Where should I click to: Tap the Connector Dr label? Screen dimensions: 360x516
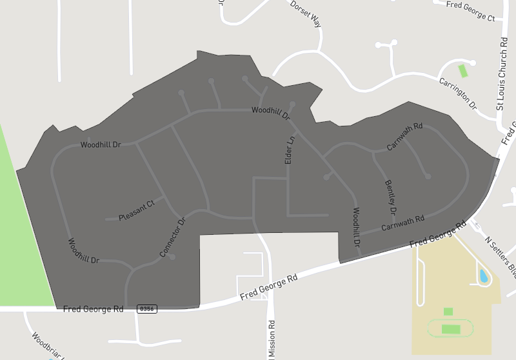pyautogui.click(x=172, y=237)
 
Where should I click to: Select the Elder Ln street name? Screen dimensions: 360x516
pyautogui.click(x=290, y=149)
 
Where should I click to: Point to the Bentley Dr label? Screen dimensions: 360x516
pyautogui.click(x=390, y=197)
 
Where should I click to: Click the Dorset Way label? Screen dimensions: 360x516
pyautogui.click(x=305, y=13)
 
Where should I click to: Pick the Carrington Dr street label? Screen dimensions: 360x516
pyautogui.click(x=457, y=93)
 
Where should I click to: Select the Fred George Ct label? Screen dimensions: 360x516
pyautogui.click(x=470, y=10)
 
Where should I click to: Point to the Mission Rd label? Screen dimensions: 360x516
pyautogui.click(x=272, y=339)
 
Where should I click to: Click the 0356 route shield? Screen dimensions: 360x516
pyautogui.click(x=146, y=310)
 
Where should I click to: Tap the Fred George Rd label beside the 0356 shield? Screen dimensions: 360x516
pyautogui.click(x=93, y=310)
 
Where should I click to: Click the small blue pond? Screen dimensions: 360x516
pyautogui.click(x=483, y=276)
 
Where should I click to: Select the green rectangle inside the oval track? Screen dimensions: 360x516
pyautogui.click(x=451, y=329)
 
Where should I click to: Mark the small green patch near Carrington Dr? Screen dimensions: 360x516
pyautogui.click(x=462, y=70)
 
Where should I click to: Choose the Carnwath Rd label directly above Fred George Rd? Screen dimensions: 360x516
pyautogui.click(x=402, y=223)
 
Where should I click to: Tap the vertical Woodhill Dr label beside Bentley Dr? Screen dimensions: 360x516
pyautogui.click(x=356, y=226)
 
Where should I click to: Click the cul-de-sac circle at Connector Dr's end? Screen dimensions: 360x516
pyautogui.click(x=172, y=257)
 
